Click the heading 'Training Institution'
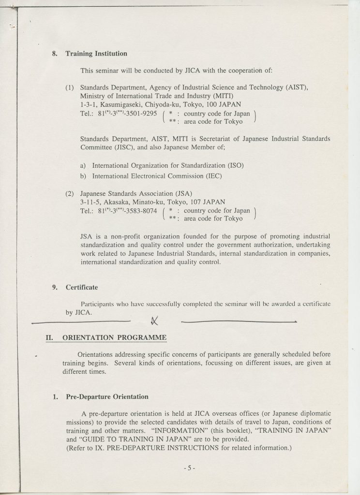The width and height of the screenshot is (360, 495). (96, 54)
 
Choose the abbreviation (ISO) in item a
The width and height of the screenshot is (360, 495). (234, 165)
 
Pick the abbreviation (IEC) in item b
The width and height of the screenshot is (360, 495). (212, 175)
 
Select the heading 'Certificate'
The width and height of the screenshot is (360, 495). (82, 287)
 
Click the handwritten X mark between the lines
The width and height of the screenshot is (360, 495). (155, 319)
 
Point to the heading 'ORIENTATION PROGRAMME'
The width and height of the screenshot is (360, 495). (115, 337)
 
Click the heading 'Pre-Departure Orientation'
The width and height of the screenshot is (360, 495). (106, 397)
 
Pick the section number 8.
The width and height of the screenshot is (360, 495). (54, 54)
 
